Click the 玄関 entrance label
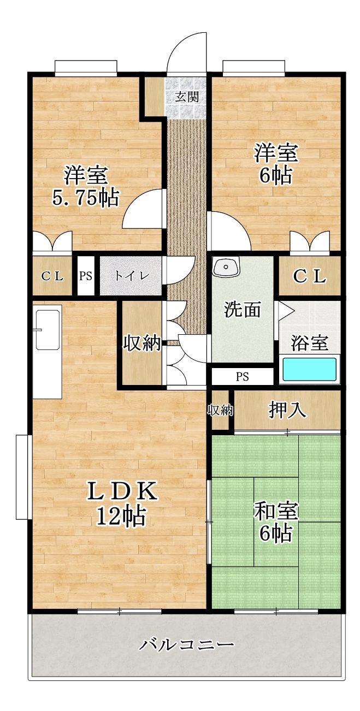click(187, 97)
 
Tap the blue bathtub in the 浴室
click(310, 370)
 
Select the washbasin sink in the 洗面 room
click(226, 267)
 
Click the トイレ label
click(131, 276)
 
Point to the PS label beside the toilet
click(85, 276)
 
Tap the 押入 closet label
click(288, 410)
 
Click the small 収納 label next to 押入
click(220, 410)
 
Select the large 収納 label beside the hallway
click(142, 343)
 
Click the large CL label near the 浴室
click(309, 276)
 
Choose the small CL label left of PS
click(52, 276)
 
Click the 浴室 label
click(310, 343)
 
